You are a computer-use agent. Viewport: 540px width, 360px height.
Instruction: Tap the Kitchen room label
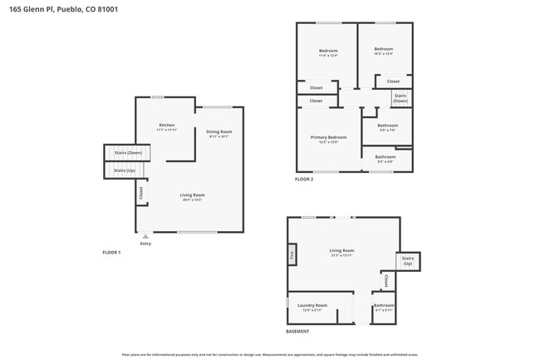tap(167, 126)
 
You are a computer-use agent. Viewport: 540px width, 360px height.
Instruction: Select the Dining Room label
tap(218, 132)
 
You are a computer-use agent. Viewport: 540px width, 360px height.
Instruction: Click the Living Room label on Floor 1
tap(192, 195)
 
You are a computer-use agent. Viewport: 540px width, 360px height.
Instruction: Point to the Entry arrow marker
tap(145, 236)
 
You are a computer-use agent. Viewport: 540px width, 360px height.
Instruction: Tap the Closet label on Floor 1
tap(141, 192)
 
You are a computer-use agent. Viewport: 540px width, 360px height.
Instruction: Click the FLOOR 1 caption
tap(111, 252)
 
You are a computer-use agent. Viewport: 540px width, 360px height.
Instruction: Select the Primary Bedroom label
tap(328, 137)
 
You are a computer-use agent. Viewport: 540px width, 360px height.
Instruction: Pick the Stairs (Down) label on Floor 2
tap(400, 98)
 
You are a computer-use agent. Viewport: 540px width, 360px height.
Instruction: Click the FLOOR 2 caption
tap(304, 179)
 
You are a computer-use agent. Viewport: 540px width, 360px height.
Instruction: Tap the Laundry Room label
tap(312, 306)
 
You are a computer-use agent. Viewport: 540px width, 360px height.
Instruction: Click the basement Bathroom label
tap(384, 305)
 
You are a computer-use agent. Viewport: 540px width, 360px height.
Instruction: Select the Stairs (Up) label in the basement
tap(408, 261)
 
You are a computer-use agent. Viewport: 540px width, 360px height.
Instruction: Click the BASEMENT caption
tap(297, 332)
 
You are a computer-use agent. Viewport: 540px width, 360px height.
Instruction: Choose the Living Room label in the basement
tap(341, 251)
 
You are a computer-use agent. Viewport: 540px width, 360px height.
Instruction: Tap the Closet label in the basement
tap(385, 282)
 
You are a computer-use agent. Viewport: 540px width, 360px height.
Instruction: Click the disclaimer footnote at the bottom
tap(269, 354)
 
